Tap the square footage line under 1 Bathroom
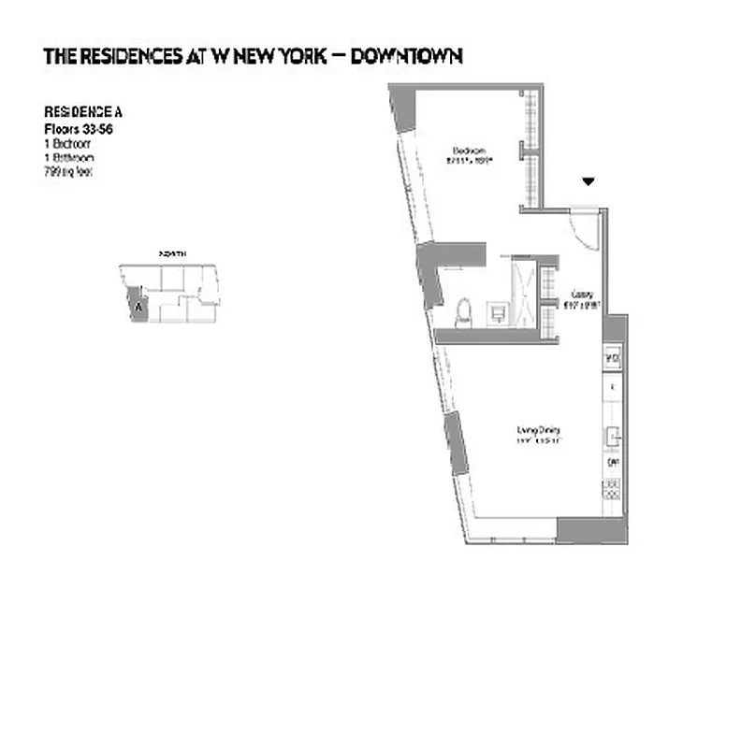point(68,172)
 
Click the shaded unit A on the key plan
point(138,305)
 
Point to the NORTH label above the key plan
point(172,254)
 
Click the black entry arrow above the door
point(588,180)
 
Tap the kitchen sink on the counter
point(614,435)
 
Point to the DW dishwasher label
point(614,462)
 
